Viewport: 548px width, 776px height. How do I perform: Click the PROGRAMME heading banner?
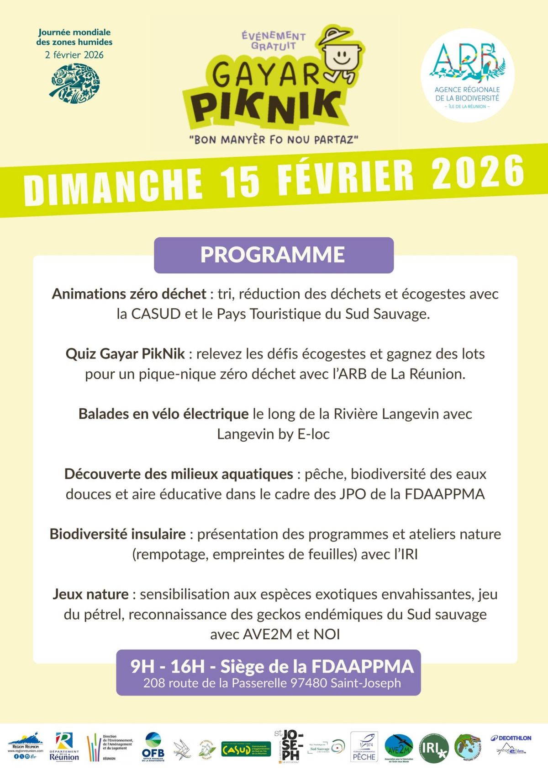[x=274, y=255]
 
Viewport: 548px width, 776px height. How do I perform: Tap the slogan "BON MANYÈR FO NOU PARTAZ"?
[x=274, y=139]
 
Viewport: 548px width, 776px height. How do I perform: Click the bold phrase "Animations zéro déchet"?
[x=129, y=294]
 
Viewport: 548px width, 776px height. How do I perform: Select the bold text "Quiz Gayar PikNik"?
[x=125, y=353]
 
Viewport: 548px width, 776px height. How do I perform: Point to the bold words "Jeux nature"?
[x=90, y=594]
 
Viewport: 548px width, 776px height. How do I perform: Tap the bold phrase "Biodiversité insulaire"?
[x=117, y=534]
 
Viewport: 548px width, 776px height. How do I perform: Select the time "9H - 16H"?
[x=168, y=666]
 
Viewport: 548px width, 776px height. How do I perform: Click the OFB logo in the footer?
[x=153, y=747]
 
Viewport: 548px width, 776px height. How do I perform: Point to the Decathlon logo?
[x=511, y=738]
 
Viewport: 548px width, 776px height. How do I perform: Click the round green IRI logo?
[x=433, y=748]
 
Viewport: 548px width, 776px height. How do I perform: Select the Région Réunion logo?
[x=26, y=745]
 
